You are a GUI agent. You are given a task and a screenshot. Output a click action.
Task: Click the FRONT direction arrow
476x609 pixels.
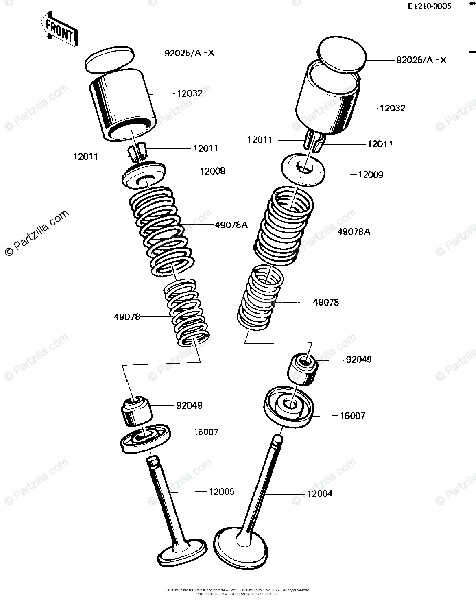(x=60, y=29)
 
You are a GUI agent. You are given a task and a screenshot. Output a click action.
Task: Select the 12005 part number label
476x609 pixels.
(x=221, y=491)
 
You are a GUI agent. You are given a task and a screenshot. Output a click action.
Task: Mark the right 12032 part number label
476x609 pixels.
(x=392, y=108)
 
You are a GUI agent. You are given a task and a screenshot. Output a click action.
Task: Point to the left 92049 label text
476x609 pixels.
(x=189, y=405)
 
